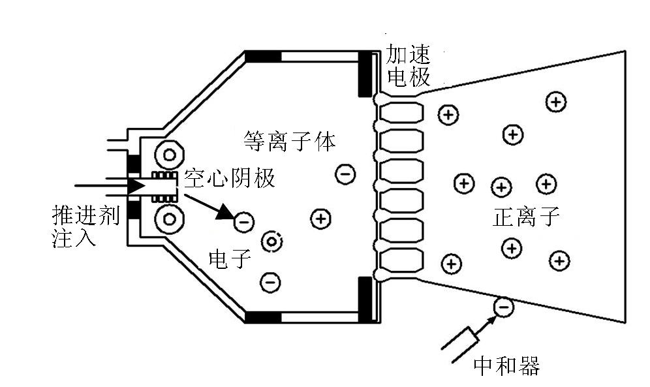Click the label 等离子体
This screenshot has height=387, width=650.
[x=290, y=140]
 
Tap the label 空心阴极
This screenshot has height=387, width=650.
[x=229, y=178]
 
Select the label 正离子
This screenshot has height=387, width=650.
[x=526, y=216]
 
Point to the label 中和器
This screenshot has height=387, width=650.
[x=506, y=366]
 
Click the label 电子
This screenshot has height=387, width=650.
[x=229, y=258]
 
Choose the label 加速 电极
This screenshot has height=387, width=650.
[x=408, y=65]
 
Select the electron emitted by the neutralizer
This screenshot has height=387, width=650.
[x=503, y=305]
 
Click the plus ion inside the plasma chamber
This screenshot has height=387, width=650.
[x=320, y=219]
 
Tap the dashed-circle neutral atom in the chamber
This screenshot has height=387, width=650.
[x=271, y=242]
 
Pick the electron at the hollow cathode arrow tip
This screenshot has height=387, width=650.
[x=243, y=222]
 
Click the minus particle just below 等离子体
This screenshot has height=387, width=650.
[x=345, y=173]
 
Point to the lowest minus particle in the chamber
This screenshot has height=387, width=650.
[x=270, y=282]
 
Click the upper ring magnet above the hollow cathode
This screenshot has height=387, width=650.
[x=170, y=155]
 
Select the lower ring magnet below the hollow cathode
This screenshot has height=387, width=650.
[x=170, y=219]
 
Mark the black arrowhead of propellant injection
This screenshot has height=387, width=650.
[x=136, y=186]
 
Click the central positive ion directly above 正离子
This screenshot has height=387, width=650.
[x=501, y=187]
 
